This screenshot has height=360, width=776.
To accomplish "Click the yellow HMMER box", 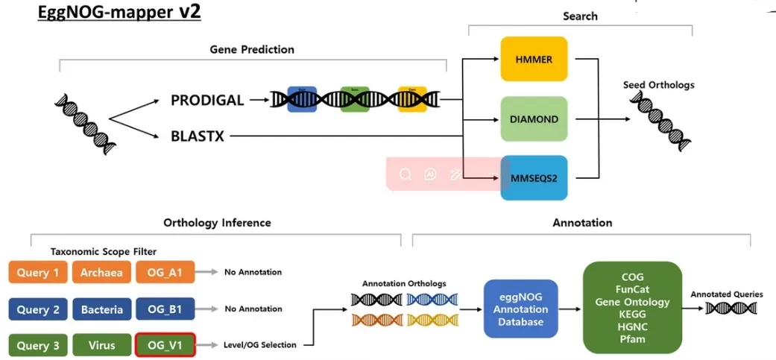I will coord(534,59).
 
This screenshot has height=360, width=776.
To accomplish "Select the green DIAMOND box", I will coord(534,119).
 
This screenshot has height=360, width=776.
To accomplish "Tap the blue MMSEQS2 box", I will coord(534,178).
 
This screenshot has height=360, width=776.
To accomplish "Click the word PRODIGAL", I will coord(207,100).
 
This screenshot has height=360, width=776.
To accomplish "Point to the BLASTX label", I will coord(198,136).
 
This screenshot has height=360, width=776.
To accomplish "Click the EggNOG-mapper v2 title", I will coord(119,13).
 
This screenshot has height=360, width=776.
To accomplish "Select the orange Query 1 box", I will coord(38,272).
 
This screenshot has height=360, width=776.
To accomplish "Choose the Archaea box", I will coord(101,272).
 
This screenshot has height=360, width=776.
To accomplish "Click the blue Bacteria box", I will coord(101,309).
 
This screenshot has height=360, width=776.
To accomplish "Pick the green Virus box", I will coord(101,345).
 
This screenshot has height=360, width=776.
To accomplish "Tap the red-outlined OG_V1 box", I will coord(165,345).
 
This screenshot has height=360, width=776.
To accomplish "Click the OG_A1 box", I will coord(165,272).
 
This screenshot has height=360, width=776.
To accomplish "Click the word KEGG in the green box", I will coord(633,315).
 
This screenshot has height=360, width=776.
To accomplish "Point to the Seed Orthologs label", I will coord(658,85).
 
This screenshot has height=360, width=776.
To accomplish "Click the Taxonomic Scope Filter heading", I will coord(104,253).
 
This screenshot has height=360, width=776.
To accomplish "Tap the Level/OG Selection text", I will coord(260,345).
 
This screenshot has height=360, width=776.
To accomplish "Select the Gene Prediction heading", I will coord(252,49).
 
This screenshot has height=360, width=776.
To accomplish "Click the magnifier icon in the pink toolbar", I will coord(406,174).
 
